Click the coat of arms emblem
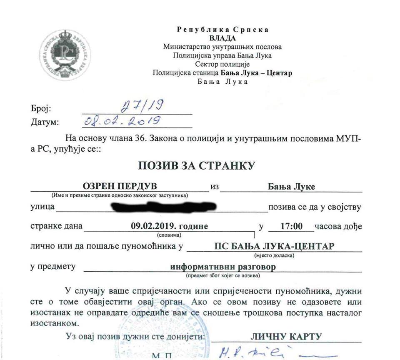click(64, 55)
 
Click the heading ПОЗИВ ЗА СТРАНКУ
click(196, 165)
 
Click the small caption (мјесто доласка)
click(274, 255)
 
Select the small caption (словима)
click(169, 235)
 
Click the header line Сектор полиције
click(222, 64)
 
